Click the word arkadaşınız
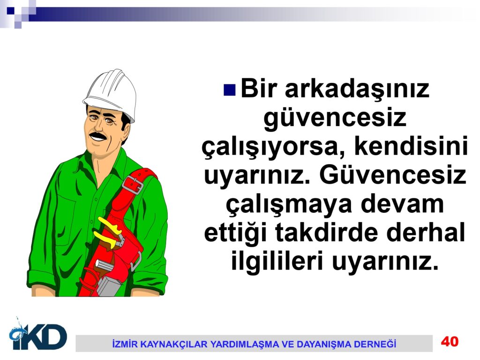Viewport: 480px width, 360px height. click(x=357, y=90)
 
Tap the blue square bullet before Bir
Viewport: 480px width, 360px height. click(x=230, y=90)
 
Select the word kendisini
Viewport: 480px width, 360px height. click(x=411, y=147)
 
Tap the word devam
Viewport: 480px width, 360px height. click(x=402, y=204)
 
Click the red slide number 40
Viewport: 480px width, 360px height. click(x=450, y=341)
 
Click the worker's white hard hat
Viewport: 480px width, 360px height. click(x=111, y=93)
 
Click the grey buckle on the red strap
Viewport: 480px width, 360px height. click(x=133, y=185)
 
